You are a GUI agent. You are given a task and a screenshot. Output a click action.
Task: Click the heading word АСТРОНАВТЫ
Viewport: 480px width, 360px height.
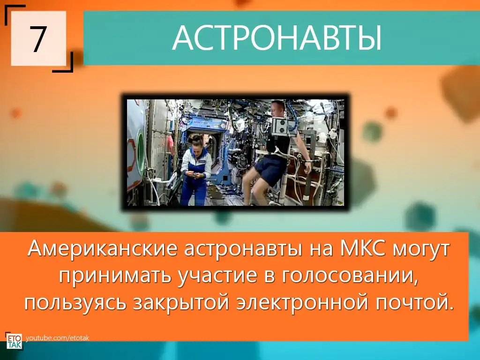(277, 38)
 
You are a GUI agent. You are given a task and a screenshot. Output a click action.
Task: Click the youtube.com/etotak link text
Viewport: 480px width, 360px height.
(58, 338)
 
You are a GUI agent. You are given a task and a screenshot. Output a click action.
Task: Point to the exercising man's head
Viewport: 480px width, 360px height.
(277, 109)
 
